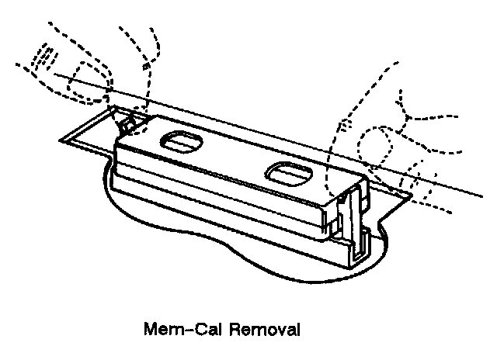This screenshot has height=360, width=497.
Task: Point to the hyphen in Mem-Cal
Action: (x=185, y=330)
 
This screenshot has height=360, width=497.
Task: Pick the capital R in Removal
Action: (x=235, y=328)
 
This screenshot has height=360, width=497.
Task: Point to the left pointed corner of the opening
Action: (x=62, y=139)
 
